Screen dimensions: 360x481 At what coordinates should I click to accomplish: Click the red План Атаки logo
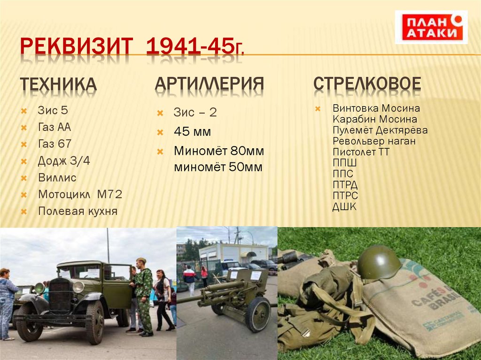coord(431,27)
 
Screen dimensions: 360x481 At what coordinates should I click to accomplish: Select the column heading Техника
coord(58,84)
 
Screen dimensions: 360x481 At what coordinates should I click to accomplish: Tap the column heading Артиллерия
coord(209,84)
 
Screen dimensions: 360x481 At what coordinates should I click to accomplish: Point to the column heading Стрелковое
coord(367,84)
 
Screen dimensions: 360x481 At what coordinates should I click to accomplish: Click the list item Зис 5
coord(53,111)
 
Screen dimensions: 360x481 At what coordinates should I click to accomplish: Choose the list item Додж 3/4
coord(64,161)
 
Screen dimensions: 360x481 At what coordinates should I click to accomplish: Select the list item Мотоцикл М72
coord(80,194)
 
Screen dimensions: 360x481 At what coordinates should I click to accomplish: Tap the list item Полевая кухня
coord(78,211)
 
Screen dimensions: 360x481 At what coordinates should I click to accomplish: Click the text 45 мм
coord(192,131)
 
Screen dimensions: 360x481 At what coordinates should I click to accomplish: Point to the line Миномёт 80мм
coord(218,151)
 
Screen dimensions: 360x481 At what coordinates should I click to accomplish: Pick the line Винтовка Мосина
coord(376,108)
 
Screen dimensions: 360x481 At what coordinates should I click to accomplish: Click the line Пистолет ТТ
coord(361,152)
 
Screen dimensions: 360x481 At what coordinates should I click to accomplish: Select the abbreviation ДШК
coord(344,207)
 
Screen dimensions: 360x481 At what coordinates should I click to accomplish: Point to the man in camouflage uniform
coord(144,296)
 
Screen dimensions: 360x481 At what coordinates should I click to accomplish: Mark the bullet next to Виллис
coord(23,178)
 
